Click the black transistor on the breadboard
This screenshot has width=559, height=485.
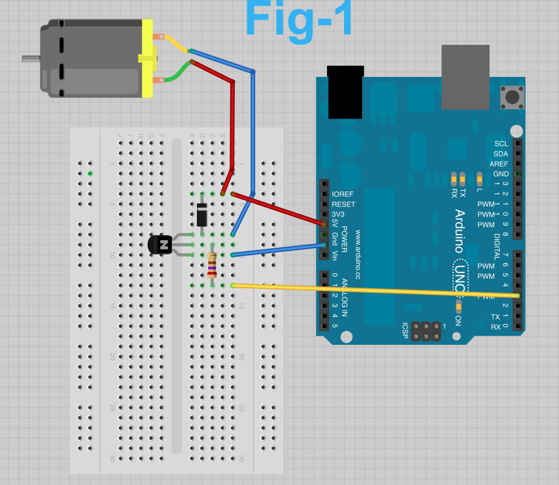(161, 245)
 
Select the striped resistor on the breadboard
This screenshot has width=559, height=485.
(212, 265)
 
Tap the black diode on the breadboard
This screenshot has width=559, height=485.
(202, 214)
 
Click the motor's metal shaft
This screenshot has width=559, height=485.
(31, 58)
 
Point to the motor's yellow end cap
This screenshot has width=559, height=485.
(147, 58)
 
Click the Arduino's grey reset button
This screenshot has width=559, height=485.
(512, 97)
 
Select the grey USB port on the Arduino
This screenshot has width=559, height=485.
(465, 77)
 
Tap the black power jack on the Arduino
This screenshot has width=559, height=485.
(345, 92)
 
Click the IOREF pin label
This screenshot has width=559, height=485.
(342, 194)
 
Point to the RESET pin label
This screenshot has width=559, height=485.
(343, 205)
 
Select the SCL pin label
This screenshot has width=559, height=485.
(501, 144)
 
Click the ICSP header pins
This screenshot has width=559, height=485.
(425, 331)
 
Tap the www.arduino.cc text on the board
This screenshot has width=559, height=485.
(358, 254)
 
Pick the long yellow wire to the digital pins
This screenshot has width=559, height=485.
(373, 290)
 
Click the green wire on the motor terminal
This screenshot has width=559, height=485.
(177, 71)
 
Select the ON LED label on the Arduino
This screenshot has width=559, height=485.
(458, 320)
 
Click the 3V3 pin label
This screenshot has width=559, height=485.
(338, 215)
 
